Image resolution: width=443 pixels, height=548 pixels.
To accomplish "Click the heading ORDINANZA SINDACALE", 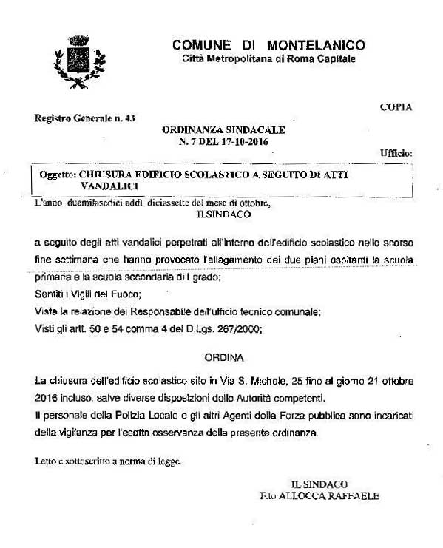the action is tap(223, 129).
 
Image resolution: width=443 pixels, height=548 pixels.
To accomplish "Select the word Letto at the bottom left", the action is tap(46, 461).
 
